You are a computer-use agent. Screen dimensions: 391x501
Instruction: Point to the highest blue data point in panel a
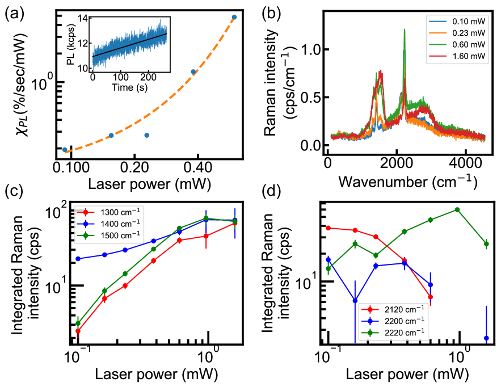[x=234, y=17]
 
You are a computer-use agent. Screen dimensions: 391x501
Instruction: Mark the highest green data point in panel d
[x=457, y=210]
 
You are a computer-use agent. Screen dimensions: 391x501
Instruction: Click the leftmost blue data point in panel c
[x=78, y=259]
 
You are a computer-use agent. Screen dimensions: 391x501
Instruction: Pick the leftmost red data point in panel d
[x=329, y=228]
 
